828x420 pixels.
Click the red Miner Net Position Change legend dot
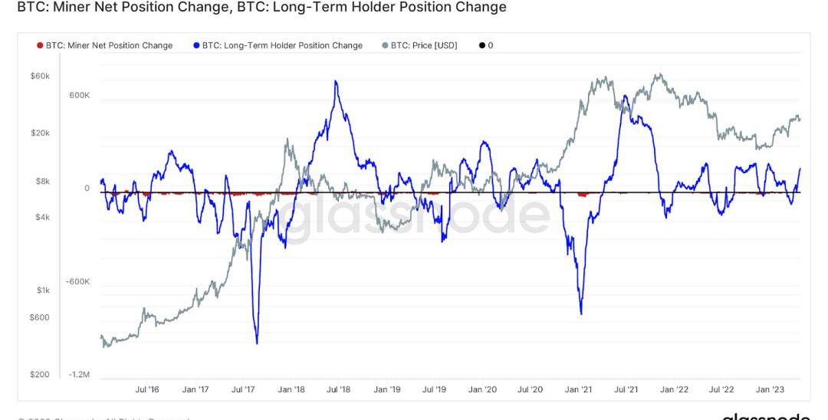click(40, 45)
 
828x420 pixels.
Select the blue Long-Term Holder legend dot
click(196, 45)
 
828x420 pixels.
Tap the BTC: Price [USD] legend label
click(424, 45)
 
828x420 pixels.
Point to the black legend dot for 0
click(481, 45)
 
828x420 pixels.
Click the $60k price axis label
click(40, 77)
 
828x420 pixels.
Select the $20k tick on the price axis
click(40, 133)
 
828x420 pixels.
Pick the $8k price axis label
click(42, 182)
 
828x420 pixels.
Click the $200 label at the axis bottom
click(40, 375)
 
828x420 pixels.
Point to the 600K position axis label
click(80, 96)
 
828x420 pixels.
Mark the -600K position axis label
click(78, 281)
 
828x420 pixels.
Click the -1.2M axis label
click(79, 375)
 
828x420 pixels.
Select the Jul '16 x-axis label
click(147, 389)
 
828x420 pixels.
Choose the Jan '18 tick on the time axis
click(291, 389)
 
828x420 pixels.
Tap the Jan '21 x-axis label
click(578, 389)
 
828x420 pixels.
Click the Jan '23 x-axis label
click(770, 389)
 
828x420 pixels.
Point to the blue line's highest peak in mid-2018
click(335, 80)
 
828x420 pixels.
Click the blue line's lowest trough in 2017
click(256, 343)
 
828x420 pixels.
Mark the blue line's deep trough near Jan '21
click(581, 313)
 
